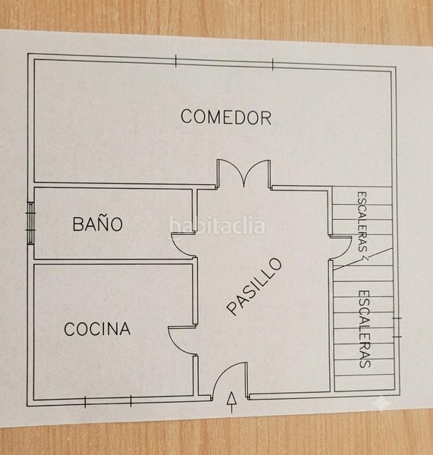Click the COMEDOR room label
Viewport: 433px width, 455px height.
(x=226, y=117)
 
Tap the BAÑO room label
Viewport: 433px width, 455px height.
(x=98, y=224)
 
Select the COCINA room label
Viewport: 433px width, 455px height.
(x=97, y=329)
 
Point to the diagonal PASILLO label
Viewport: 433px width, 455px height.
(x=255, y=286)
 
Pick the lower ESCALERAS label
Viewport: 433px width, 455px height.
(x=365, y=329)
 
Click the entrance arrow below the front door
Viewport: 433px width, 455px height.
(x=231, y=402)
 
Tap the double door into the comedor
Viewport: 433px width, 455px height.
(x=244, y=173)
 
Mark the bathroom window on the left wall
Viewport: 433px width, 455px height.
(x=31, y=223)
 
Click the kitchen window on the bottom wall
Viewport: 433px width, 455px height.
(x=108, y=402)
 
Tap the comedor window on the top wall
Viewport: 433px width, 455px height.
(x=224, y=63)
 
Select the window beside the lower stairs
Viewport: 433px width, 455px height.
(x=397, y=328)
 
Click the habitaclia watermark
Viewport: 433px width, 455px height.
(x=217, y=226)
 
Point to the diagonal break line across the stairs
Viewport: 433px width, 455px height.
(x=362, y=259)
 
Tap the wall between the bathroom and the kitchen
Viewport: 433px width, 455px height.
(x=113, y=261)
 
